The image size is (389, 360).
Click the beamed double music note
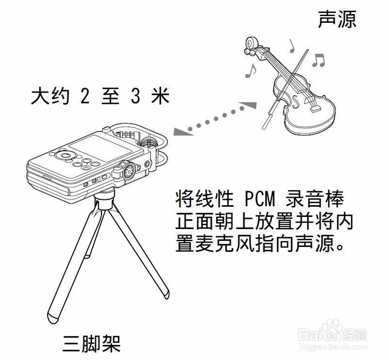pos(318,59)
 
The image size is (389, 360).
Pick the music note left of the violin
pos(250,71)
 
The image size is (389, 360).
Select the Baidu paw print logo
pos(334,333)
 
